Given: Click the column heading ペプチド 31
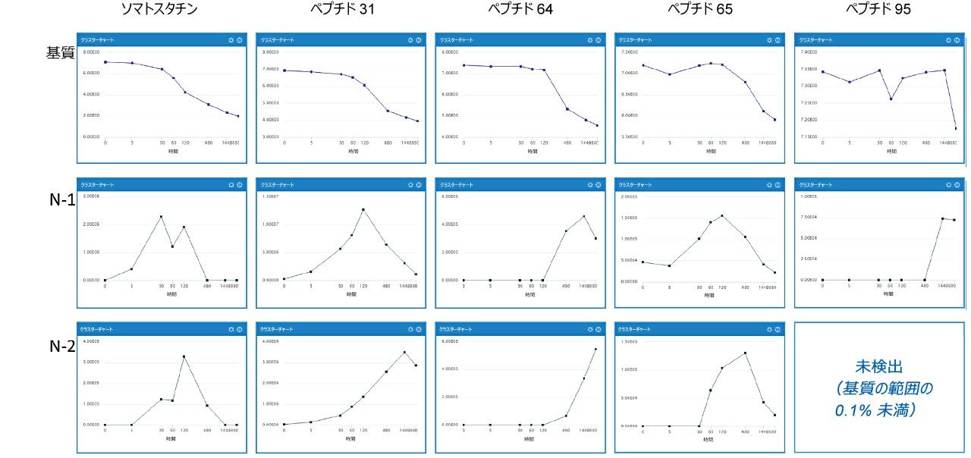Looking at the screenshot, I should click(x=338, y=9).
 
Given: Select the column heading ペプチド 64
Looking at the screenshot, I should click(x=519, y=9).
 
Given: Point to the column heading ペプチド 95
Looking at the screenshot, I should click(x=878, y=9).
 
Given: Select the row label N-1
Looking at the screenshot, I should click(x=61, y=205).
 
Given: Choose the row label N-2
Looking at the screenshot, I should click(x=61, y=347).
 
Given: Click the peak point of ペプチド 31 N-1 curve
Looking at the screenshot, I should click(x=363, y=209).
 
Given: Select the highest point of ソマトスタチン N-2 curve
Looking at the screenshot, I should click(x=184, y=356).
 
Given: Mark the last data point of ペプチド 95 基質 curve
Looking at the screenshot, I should click(x=955, y=128).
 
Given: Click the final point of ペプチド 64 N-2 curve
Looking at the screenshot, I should click(x=595, y=350).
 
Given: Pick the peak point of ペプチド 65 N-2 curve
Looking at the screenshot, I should click(x=746, y=353).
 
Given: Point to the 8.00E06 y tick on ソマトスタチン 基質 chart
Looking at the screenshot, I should click(x=92, y=52).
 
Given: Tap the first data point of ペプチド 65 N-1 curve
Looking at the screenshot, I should click(x=643, y=262).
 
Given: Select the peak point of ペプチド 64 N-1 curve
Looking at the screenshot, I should click(x=584, y=217).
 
